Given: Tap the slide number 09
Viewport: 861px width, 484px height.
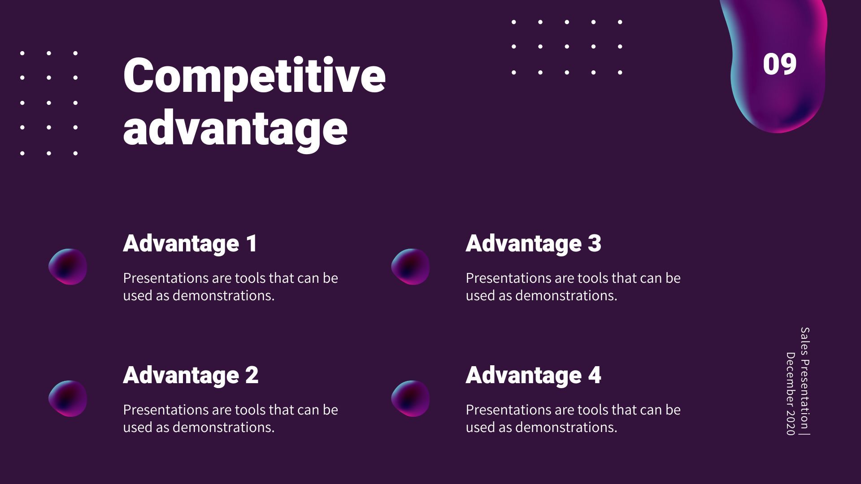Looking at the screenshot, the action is (x=779, y=64).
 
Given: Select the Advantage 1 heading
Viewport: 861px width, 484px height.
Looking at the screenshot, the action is (x=190, y=243).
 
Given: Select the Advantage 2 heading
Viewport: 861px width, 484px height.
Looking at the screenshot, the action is (x=191, y=375).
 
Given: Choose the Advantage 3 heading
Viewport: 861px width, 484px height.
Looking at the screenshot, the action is (x=533, y=243).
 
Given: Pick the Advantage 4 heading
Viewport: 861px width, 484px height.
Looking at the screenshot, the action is (x=533, y=375).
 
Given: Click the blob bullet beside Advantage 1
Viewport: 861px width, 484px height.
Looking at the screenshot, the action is (x=68, y=267).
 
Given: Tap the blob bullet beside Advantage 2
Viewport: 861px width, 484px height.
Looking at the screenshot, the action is (x=68, y=398).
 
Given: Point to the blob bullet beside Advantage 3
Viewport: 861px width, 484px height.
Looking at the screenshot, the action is (x=410, y=267).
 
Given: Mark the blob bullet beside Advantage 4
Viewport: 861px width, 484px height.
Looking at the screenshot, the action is (x=410, y=398).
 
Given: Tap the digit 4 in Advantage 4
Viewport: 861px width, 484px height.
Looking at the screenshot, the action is (x=595, y=375).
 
